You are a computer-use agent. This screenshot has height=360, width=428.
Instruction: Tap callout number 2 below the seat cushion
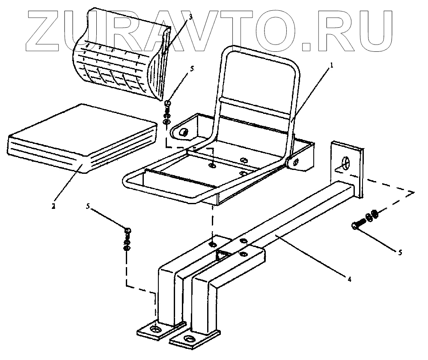[53, 206]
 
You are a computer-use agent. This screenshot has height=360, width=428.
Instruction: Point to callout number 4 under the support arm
[349, 279]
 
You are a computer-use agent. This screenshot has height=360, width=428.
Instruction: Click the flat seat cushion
[81, 137]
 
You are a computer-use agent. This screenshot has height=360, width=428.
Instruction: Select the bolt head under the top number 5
[168, 103]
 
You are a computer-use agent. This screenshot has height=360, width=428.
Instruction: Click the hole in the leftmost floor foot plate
[153, 330]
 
